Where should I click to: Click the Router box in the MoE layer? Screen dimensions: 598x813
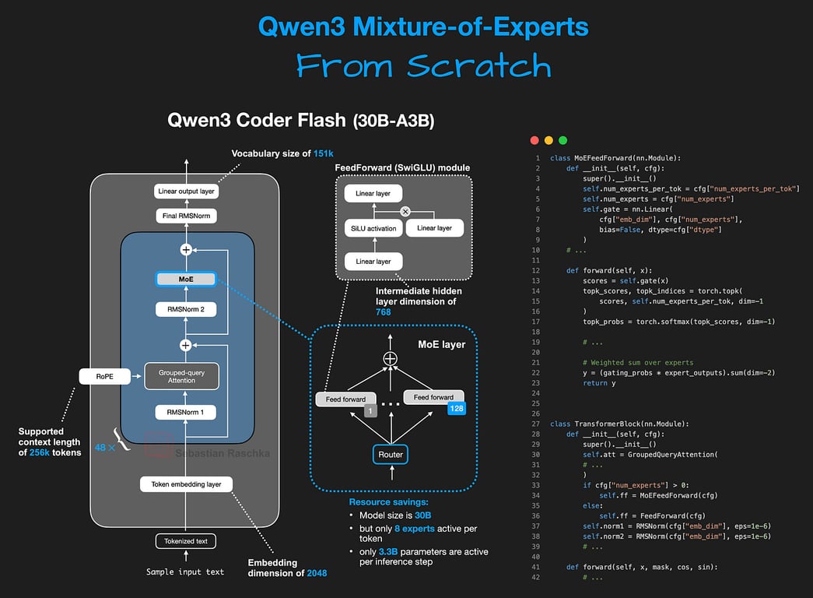click(x=391, y=454)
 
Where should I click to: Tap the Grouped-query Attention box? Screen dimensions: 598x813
click(x=182, y=377)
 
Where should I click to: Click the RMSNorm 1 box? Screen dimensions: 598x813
click(x=186, y=412)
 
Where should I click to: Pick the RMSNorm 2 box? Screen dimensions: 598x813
click(x=186, y=309)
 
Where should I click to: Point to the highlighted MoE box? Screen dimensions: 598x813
click(x=186, y=279)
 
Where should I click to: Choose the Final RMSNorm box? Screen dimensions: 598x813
click(x=185, y=216)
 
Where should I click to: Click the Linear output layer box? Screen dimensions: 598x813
click(x=185, y=191)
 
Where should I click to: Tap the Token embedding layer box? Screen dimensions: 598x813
click(x=186, y=484)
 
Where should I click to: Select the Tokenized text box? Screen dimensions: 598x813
click(x=186, y=541)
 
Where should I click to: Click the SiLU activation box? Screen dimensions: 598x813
click(x=373, y=228)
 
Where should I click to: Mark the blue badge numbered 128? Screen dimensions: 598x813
click(x=456, y=407)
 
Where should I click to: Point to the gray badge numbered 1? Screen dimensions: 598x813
click(x=371, y=410)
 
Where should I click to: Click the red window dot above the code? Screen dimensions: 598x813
click(x=534, y=140)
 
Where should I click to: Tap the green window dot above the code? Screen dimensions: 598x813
click(x=562, y=140)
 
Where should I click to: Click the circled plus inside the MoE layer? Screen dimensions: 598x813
click(x=391, y=358)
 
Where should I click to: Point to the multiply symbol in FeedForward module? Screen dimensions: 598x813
click(x=405, y=211)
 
